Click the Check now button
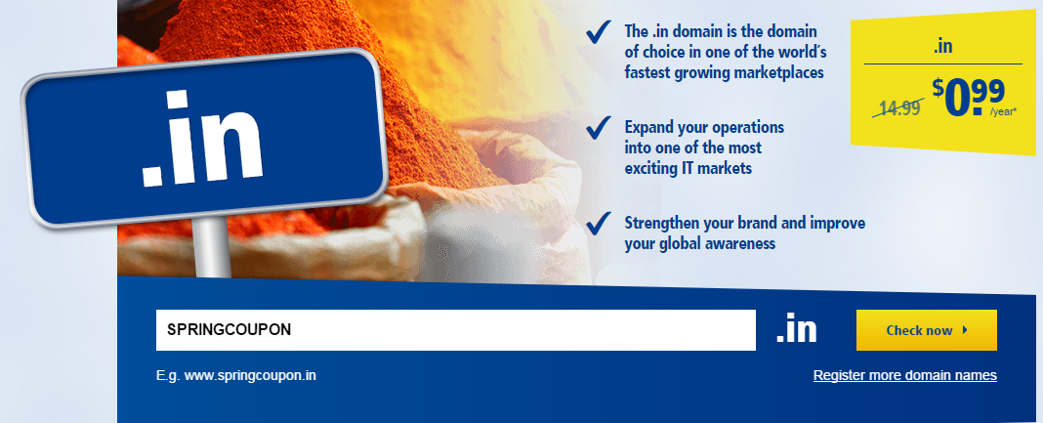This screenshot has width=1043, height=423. coord(926,330)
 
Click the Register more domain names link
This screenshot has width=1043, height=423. coord(904,376)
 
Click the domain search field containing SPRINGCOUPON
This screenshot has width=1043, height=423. coord(456,330)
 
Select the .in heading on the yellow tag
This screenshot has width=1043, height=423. coord(942,48)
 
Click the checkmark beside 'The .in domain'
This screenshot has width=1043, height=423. coord(599,32)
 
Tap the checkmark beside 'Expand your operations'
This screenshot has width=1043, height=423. coord(599,127)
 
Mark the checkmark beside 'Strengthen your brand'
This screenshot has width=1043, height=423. coord(599,223)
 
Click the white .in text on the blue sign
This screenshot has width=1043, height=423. coord(201,138)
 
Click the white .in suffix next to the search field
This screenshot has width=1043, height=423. coord(796,330)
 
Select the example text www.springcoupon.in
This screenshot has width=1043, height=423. coord(250,376)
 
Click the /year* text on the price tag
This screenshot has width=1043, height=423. coord(1002,111)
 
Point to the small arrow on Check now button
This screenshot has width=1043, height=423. coord(965,330)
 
